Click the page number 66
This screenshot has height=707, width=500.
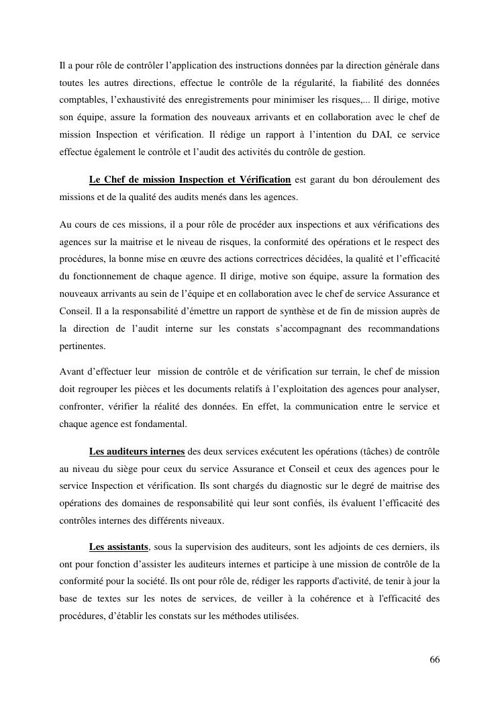tap(435, 659)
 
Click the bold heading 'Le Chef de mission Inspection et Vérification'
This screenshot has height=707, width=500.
tap(189, 180)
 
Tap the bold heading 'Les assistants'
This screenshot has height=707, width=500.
tap(118, 548)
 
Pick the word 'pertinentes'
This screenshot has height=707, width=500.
tap(83, 346)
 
